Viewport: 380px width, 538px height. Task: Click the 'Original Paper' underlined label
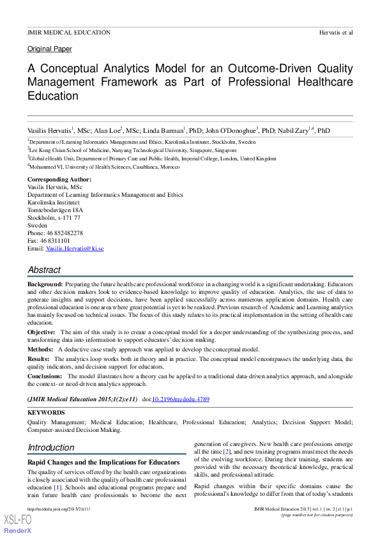[x=50, y=49]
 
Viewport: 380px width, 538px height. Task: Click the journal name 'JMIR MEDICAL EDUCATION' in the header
[x=68, y=32]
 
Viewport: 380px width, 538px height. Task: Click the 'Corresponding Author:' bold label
[x=59, y=180]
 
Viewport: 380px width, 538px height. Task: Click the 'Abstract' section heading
[x=44, y=270]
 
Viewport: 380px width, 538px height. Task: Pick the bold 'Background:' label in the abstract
[x=45, y=283]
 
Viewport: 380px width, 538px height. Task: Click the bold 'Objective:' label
[x=42, y=332]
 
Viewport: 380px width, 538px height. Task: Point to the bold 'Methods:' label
[x=40, y=350]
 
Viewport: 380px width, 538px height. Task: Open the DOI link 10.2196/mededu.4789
[x=180, y=399]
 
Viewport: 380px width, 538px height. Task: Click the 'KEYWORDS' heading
[x=45, y=413]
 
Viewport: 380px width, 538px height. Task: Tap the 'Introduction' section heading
[x=51, y=447]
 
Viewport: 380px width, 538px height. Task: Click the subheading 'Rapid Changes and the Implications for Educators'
[x=102, y=461]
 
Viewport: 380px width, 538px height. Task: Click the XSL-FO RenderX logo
[x=18, y=522]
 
